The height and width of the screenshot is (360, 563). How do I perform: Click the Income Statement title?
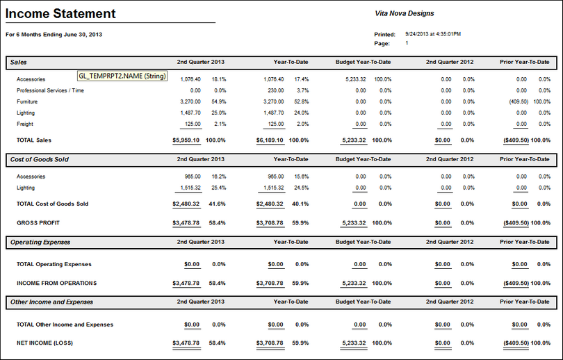point(61,14)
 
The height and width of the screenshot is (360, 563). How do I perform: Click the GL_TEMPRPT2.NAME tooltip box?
point(122,76)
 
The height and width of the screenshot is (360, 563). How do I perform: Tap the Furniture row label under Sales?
point(28,101)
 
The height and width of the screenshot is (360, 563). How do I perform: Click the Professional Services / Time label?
point(51,90)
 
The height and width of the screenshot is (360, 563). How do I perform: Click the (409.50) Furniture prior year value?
point(519,101)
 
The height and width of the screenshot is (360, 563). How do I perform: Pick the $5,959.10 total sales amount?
point(186,140)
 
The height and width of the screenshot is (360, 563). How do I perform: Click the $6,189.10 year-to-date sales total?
point(270,140)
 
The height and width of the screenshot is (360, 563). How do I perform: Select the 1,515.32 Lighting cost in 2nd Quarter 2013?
point(188,188)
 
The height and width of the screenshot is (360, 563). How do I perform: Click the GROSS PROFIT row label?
point(38,223)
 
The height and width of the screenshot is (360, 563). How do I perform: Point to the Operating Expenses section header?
point(40,243)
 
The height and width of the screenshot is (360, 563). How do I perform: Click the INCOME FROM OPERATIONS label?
point(57,283)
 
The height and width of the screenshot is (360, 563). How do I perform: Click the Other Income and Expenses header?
point(52,302)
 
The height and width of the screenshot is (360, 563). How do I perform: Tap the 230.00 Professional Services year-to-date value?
point(275,90)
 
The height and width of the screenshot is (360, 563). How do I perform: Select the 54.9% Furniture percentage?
point(219,101)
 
